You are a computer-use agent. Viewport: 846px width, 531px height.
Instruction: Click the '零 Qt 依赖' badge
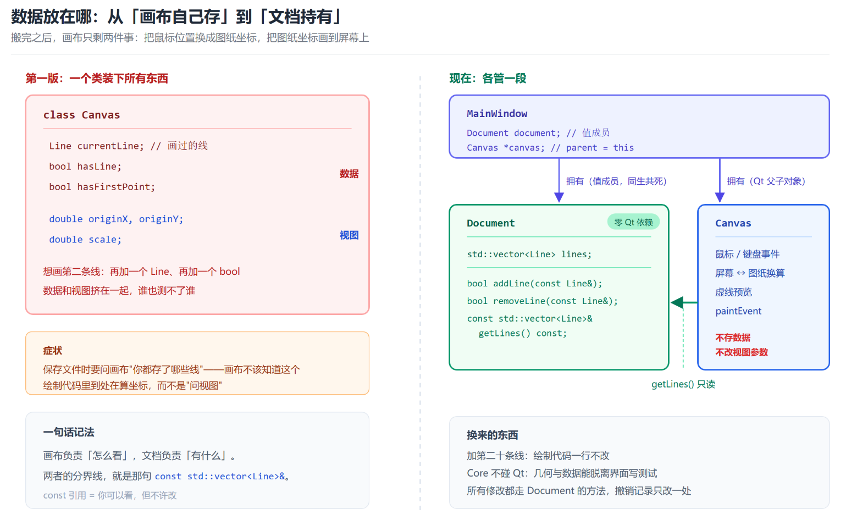pyautogui.click(x=633, y=222)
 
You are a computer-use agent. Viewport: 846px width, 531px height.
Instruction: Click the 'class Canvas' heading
pyautogui.click(x=81, y=115)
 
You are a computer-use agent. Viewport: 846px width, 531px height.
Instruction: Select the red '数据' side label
pyautogui.click(x=349, y=174)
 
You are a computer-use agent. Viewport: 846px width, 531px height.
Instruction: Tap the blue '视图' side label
pyautogui.click(x=349, y=235)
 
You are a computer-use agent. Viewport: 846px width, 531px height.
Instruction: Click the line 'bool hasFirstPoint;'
pyautogui.click(x=102, y=187)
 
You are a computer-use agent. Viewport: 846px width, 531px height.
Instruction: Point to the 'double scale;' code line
pyautogui.click(x=85, y=240)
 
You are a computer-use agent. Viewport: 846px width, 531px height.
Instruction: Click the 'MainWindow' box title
pyautogui.click(x=497, y=114)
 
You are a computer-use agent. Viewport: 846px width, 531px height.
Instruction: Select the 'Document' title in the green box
pyautogui.click(x=490, y=223)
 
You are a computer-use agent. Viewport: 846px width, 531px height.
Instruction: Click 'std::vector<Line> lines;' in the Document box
pyautogui.click(x=529, y=254)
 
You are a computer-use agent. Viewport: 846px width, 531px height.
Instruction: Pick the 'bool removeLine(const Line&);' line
pyautogui.click(x=543, y=301)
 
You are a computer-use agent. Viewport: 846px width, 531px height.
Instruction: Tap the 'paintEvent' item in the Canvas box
pyautogui.click(x=738, y=311)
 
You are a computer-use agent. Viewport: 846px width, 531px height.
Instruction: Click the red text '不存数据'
pyautogui.click(x=733, y=338)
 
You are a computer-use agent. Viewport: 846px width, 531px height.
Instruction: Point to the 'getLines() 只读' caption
pyautogui.click(x=683, y=384)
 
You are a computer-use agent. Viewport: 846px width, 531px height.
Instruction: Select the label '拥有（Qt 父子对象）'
pyautogui.click(x=766, y=181)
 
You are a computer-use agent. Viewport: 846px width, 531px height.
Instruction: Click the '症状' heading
pyautogui.click(x=53, y=351)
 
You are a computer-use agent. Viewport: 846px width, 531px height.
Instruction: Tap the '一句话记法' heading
pyautogui.click(x=69, y=432)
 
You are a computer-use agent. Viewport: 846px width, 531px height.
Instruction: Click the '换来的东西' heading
pyautogui.click(x=492, y=435)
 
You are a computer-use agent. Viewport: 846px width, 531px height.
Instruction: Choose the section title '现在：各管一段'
pyautogui.click(x=488, y=79)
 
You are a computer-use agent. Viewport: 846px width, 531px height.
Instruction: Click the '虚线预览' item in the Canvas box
pyautogui.click(x=733, y=292)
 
